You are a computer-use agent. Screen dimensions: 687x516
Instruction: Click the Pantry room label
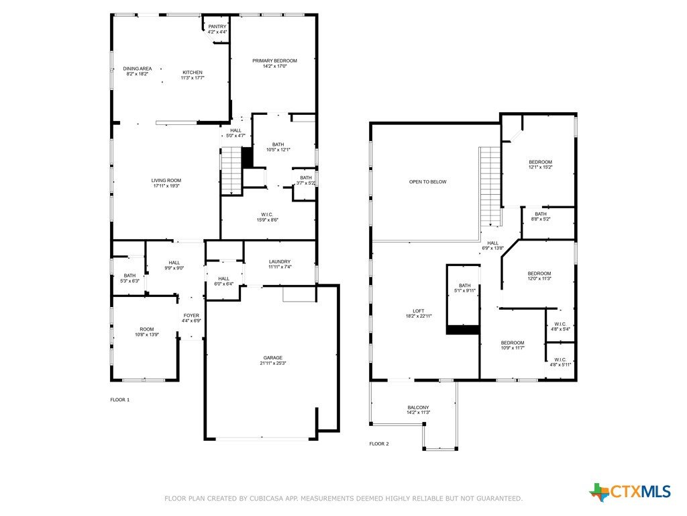coord(217,27)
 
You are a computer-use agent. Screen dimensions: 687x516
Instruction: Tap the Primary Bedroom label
coord(274,60)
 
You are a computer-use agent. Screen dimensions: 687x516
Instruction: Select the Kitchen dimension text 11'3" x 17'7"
coord(193,78)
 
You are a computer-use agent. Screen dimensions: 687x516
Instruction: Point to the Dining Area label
coord(138,69)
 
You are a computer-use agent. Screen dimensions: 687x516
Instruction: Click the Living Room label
coord(166,180)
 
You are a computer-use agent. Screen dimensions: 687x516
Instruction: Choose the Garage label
coord(273,357)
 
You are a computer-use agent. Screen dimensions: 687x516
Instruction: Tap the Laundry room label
coord(280,261)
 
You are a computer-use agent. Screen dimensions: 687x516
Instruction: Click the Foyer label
coord(191,316)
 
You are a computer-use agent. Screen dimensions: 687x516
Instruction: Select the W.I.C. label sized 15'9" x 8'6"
coord(267,214)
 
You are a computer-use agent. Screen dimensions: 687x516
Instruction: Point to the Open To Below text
coord(427,181)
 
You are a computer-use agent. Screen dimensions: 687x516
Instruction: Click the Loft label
coord(419,310)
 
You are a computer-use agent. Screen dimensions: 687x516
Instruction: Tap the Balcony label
coord(419,407)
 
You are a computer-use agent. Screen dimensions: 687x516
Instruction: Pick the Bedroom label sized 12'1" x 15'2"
coord(540,162)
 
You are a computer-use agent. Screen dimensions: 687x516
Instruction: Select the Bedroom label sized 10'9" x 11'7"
coord(513,343)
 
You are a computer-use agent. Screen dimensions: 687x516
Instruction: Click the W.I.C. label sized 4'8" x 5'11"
coord(560,359)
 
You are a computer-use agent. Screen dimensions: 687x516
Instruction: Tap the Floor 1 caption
coord(120,400)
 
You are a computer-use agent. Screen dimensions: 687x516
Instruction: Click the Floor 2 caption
coord(379,443)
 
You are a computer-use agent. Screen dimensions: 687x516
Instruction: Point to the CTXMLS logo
coord(630,492)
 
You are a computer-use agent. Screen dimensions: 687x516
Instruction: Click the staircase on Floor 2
coord(490,186)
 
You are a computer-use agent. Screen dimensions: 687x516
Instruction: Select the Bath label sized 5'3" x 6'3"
coord(129,275)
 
